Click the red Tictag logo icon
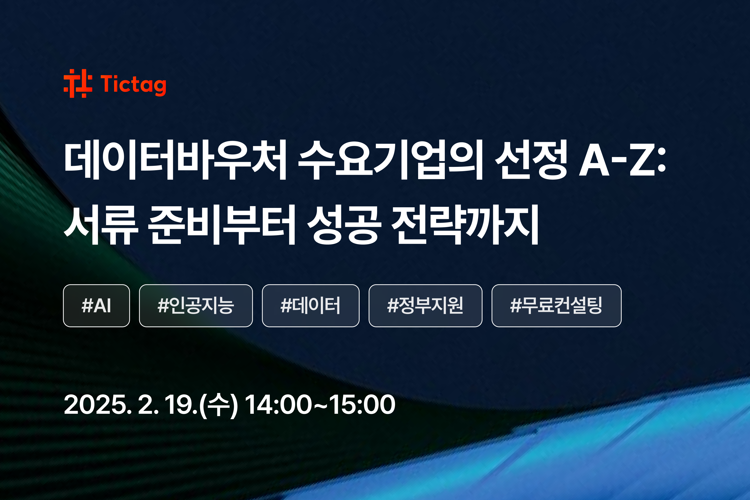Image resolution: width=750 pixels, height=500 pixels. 78,83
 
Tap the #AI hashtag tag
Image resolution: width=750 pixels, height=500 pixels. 96,305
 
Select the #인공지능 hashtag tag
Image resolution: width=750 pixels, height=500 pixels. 196,305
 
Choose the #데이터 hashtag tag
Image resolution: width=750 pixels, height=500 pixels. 311,305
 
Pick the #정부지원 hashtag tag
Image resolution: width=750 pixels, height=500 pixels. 425,305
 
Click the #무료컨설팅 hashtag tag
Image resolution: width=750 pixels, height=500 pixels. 556,305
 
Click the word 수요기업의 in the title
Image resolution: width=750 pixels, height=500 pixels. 391,160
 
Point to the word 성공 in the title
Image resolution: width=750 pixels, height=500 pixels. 344,225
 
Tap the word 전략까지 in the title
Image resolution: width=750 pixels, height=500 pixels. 465,225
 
